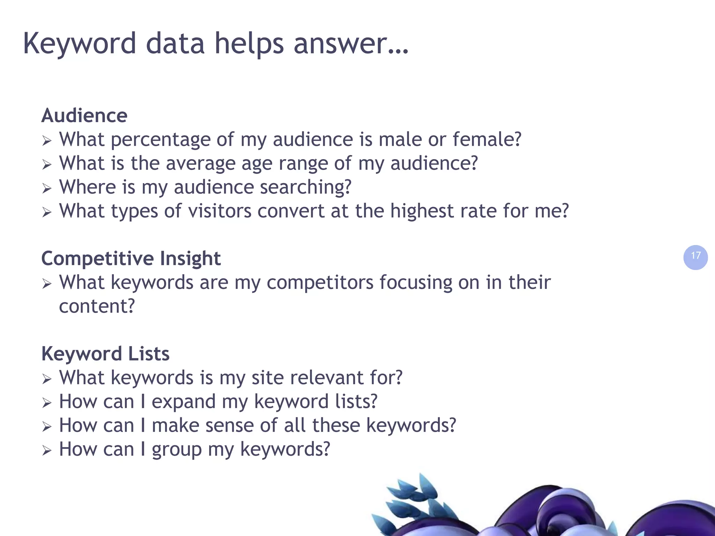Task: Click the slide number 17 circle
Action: coord(695,257)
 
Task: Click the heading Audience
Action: coord(84,116)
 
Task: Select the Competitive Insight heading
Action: coord(131,259)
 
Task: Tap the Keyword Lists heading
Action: coord(105,354)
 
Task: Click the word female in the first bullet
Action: coord(487,139)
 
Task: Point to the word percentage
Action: coord(161,140)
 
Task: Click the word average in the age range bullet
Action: coord(201,163)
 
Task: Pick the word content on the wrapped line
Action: coord(97,306)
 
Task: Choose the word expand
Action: coord(184,402)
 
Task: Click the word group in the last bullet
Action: coord(177,450)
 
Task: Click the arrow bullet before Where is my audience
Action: coord(47,189)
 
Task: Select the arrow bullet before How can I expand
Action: coord(47,403)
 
